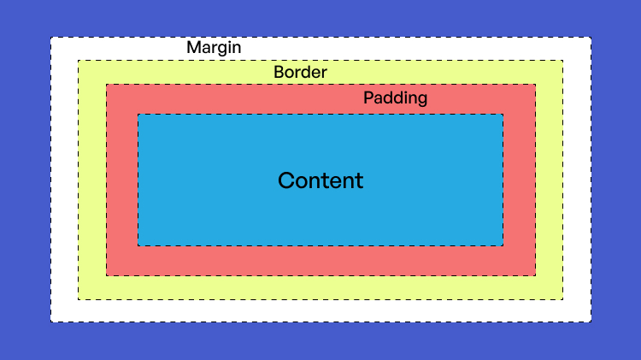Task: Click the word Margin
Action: tap(214, 48)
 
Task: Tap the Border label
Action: tap(300, 73)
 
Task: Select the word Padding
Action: tap(395, 98)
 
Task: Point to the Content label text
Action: tap(320, 181)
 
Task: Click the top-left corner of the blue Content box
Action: tap(138, 115)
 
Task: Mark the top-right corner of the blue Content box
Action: tap(503, 115)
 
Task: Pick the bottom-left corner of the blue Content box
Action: tap(138, 245)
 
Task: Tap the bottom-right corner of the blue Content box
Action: tap(503, 245)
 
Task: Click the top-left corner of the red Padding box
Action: tap(107, 85)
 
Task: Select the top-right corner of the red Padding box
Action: tap(535, 85)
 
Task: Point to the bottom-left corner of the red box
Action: tap(107, 275)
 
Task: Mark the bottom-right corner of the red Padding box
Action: tap(535, 275)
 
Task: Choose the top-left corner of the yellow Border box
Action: tap(79, 61)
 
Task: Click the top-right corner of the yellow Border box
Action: tap(562, 61)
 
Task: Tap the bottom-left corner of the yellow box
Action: tap(79, 299)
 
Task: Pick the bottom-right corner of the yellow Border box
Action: tap(562, 299)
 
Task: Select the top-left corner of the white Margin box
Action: tap(51, 38)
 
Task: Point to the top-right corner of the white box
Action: tap(590, 38)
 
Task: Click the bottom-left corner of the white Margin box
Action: tap(51, 322)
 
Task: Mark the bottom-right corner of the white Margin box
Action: tap(590, 322)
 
